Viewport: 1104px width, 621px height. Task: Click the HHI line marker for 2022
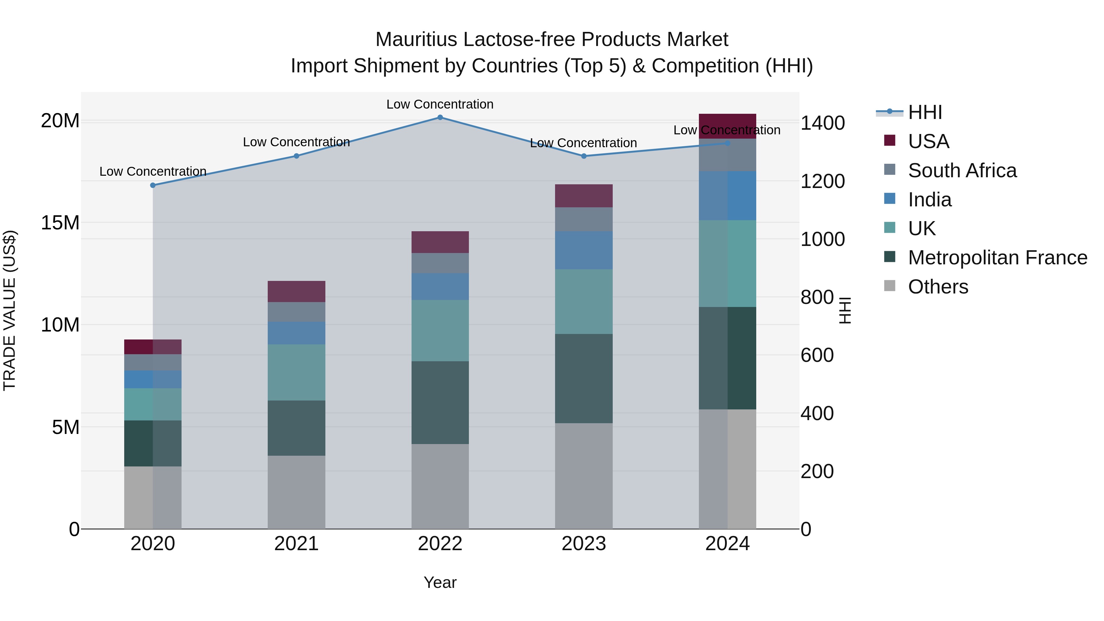tap(440, 117)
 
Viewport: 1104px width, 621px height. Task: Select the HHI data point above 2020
tap(153, 185)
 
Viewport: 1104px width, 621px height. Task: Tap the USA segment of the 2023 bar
tap(583, 196)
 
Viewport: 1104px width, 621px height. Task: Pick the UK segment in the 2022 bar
tap(440, 330)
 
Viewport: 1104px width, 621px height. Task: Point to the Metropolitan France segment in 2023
tap(583, 378)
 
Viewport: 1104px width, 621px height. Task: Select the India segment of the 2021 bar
tap(296, 333)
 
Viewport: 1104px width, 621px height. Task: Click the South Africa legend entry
tap(962, 171)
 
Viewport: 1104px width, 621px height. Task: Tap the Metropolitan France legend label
tap(997, 258)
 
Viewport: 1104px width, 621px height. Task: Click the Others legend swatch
tap(889, 286)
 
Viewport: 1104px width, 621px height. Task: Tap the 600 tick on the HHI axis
tap(817, 355)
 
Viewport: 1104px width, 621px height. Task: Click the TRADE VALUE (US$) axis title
tap(10, 310)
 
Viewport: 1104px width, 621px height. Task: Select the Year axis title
tap(440, 582)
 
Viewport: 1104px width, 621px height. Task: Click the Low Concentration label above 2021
tap(296, 142)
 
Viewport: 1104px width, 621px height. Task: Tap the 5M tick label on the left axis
tap(66, 427)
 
